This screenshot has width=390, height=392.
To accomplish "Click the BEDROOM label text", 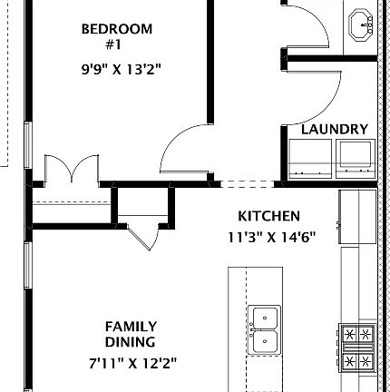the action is point(117,29).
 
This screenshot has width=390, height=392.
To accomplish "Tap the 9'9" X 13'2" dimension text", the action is point(121,70).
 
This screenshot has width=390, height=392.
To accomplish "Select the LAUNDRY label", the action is point(335,130).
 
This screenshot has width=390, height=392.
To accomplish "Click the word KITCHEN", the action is point(269,216).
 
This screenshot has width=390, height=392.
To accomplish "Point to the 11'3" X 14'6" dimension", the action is point(271,238).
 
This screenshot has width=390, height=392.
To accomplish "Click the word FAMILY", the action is point(131,327).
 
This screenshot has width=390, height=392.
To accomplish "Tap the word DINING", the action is point(130,342).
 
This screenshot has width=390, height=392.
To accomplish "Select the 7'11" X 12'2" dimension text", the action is point(132,363).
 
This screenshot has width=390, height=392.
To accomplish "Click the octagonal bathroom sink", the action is point(361,25).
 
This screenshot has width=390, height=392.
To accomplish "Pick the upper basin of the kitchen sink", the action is point(265,318).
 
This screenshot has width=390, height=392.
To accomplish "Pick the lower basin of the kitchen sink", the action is point(265,341).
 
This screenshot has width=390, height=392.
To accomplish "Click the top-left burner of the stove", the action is point(350,334).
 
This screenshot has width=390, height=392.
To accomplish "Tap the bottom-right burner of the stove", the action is point(366,360).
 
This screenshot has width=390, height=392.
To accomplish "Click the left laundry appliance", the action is point(310,159).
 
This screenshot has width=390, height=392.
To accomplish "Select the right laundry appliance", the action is point(356,159).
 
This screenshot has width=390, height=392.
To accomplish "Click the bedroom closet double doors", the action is point(72,169).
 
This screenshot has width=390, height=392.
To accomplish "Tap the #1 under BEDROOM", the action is point(113,45).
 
